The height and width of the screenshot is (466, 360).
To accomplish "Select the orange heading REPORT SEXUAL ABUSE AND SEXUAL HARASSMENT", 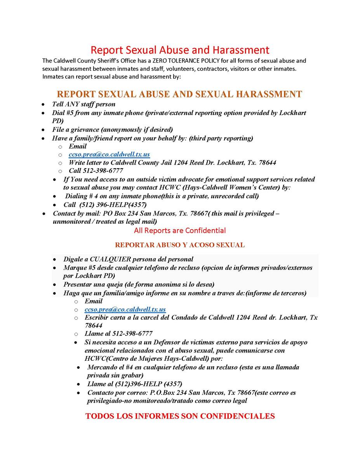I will [179, 94].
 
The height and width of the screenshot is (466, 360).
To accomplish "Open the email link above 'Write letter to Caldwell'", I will [109, 154].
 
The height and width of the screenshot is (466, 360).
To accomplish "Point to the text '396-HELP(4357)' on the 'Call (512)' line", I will [124, 204].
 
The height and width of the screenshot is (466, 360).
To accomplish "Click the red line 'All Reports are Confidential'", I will [180, 231].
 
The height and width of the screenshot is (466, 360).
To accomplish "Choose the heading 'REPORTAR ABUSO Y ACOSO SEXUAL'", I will [180, 245].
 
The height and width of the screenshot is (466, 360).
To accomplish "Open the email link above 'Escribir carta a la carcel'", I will [125, 310].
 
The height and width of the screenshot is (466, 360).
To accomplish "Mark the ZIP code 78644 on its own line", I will [94, 325].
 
